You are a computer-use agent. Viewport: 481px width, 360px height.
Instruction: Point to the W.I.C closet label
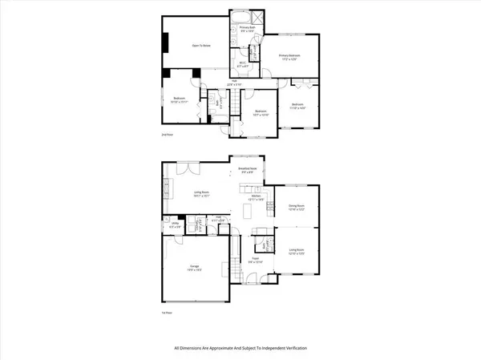(243, 64)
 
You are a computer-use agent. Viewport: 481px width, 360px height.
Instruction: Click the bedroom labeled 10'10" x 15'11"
(179, 100)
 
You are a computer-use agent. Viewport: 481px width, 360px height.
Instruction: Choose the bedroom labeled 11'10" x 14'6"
(297, 107)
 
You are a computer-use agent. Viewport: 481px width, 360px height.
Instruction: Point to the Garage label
(195, 267)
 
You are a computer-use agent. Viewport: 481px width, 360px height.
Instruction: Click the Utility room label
(176, 226)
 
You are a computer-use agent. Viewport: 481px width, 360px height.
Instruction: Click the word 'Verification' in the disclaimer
(293, 349)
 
